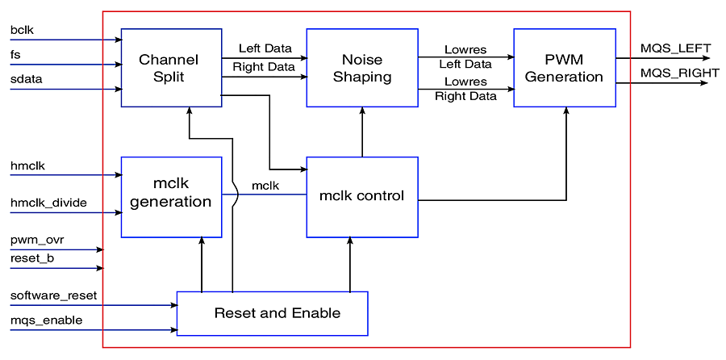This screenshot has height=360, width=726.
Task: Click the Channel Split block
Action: [x=171, y=68]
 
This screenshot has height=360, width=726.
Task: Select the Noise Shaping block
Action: [x=361, y=68]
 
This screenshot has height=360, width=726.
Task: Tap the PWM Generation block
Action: [x=564, y=68]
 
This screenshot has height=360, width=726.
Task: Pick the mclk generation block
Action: [x=171, y=197]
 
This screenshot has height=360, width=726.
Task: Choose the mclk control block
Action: [x=361, y=196]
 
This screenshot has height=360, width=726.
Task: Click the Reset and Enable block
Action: [x=272, y=313]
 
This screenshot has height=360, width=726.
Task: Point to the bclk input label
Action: [x=22, y=30]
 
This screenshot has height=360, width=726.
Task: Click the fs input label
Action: [x=15, y=54]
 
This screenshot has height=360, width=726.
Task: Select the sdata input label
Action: [x=26, y=79]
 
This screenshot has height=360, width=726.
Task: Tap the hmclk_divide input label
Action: [x=48, y=203]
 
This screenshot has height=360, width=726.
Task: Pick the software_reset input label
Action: [x=53, y=295]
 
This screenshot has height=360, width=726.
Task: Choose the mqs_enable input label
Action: [x=46, y=320]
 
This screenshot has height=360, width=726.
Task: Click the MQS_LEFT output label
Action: [x=675, y=48]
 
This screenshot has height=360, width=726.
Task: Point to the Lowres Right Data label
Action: [x=465, y=89]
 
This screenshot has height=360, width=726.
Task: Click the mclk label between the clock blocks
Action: [x=265, y=186]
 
